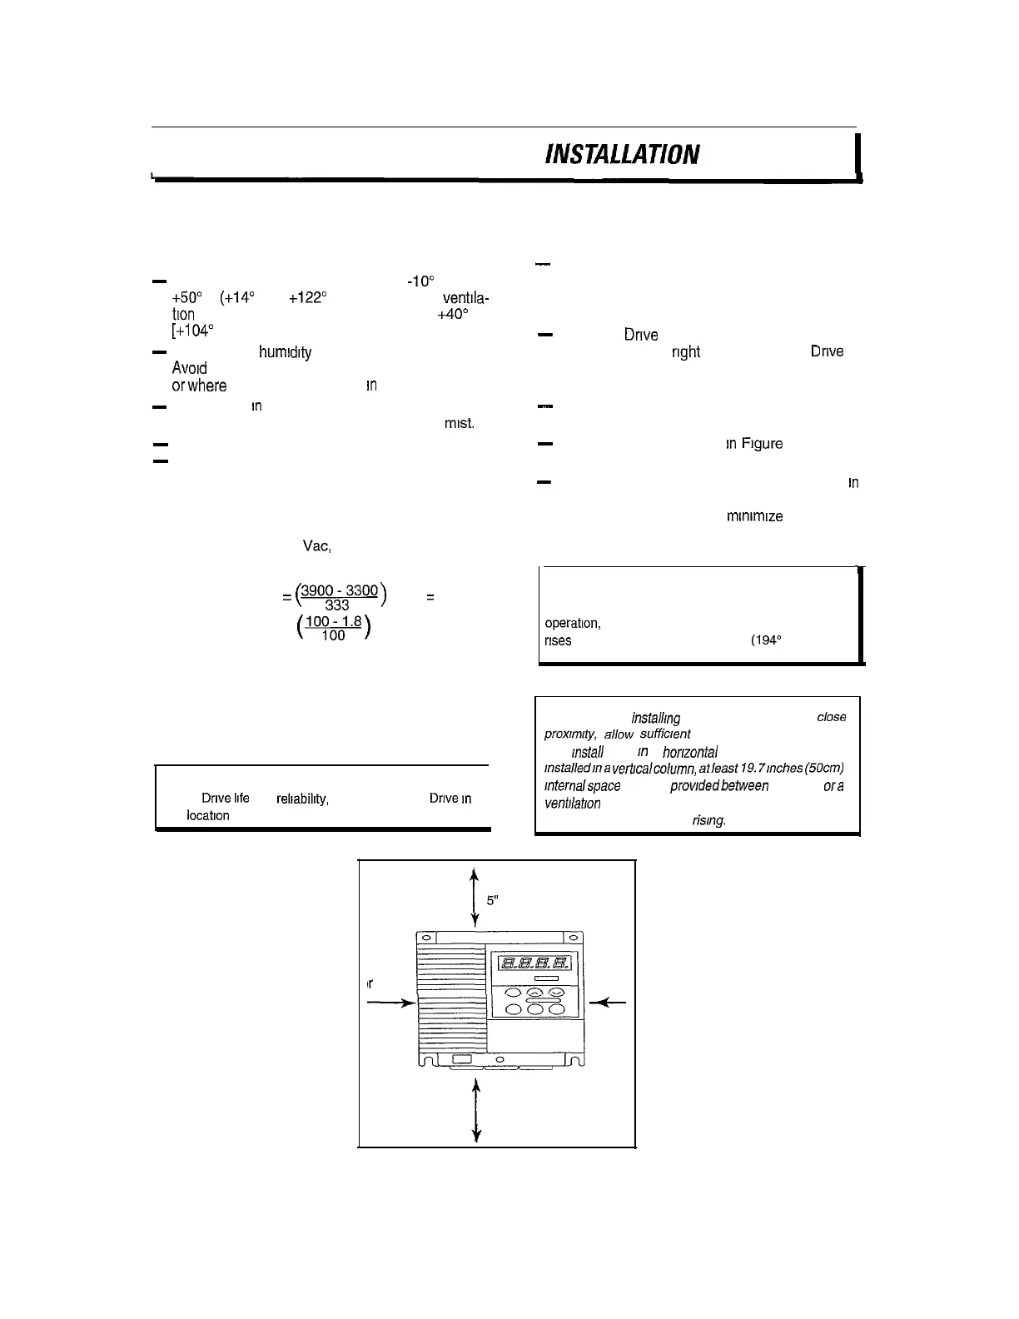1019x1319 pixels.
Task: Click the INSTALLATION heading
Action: click(x=622, y=154)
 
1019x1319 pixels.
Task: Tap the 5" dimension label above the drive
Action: click(x=492, y=900)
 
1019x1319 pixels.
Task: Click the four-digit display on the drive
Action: click(x=533, y=963)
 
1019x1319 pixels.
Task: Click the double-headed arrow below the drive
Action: click(x=475, y=1111)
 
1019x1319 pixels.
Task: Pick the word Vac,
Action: click(x=317, y=546)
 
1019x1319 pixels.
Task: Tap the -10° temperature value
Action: click(x=418, y=281)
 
